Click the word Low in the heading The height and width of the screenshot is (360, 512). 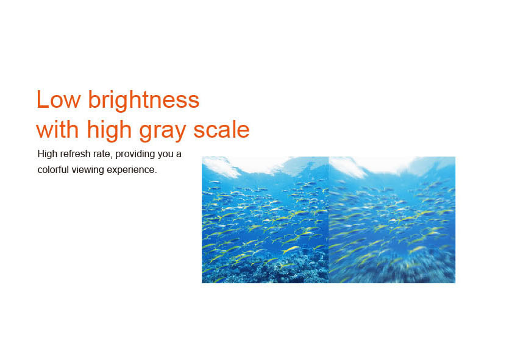(59, 99)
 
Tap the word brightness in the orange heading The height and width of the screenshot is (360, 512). (144, 99)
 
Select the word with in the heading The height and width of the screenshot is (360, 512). (57, 129)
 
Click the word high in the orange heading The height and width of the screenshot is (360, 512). (109, 130)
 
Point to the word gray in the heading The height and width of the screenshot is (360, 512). (163, 132)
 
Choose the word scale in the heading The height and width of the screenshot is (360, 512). (221, 129)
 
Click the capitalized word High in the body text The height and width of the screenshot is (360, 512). (48, 154)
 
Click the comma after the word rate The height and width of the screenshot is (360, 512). (112, 157)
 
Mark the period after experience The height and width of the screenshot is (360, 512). (156, 173)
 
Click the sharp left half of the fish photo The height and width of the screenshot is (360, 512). (265, 220)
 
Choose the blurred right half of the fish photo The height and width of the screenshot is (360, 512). (392, 220)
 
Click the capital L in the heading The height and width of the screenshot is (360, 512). (43, 99)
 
